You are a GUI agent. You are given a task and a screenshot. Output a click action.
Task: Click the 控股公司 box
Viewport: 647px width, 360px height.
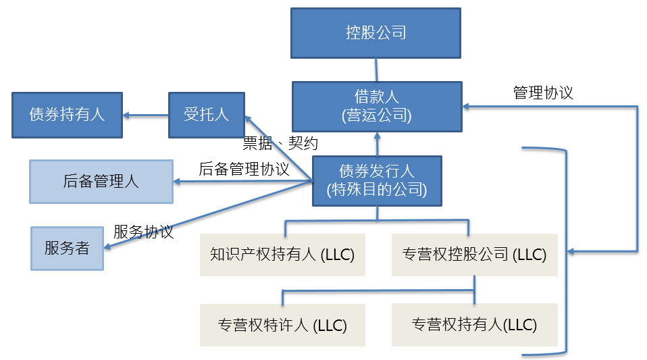tap(376, 33)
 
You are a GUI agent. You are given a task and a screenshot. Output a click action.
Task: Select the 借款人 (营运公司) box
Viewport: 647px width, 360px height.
tap(377, 107)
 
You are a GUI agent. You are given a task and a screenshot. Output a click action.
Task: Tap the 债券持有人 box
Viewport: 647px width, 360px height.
tap(68, 115)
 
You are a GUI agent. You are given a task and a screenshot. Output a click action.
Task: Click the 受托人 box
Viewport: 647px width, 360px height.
tap(206, 115)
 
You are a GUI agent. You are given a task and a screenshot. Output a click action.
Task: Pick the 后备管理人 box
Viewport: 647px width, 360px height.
tap(101, 182)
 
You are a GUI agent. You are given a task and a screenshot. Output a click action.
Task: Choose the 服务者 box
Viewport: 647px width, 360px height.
tap(67, 249)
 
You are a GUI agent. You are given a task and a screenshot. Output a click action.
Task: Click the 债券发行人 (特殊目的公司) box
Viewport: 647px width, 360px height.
tap(377, 181)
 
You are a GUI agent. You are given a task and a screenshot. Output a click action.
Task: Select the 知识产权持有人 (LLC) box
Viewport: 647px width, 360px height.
tap(282, 255)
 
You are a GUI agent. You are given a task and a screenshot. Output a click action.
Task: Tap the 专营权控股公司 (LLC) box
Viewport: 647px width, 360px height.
tap(475, 255)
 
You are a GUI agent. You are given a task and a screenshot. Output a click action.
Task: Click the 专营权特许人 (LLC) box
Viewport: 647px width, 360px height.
tap(282, 326)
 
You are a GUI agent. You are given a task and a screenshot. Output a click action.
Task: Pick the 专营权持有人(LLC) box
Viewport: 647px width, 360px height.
tap(475, 325)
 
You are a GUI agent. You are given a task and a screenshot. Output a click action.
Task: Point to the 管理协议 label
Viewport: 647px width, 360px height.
tap(543, 93)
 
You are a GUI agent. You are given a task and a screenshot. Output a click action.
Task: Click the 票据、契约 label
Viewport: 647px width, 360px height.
tap(280, 143)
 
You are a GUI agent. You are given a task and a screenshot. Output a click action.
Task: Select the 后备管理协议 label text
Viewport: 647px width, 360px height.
tap(244, 169)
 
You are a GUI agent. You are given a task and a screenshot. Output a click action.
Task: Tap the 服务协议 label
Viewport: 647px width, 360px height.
tap(143, 232)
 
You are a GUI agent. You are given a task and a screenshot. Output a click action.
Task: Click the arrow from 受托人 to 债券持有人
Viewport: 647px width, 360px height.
tap(146, 115)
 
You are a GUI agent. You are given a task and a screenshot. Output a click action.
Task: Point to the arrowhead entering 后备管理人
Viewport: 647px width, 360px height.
tap(176, 181)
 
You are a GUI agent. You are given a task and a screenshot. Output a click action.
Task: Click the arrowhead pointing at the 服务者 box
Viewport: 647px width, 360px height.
tap(107, 247)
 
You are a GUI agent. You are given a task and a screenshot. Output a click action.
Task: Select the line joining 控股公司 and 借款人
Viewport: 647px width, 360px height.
tap(376, 70)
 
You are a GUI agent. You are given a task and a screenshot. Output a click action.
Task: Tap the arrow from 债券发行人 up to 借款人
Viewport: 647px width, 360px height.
tap(377, 144)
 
